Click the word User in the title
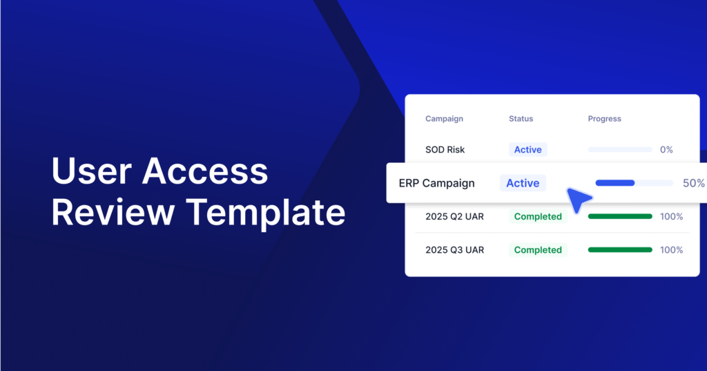coord(92,171)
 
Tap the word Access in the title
coord(205,171)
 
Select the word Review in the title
coord(113,212)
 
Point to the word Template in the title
coord(266,214)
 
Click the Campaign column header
coord(444,119)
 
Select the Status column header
coord(521,119)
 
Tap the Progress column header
coord(604,119)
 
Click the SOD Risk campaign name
coord(445,150)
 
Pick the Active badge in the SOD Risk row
coord(528,150)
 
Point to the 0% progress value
coord(666,150)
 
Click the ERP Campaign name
coord(436,183)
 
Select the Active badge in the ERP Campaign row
coord(523,183)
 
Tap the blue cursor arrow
coord(577,199)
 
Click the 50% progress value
coord(693,183)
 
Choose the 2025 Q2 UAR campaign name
coord(454,217)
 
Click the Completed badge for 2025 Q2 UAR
coord(538,217)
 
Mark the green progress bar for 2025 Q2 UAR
coord(620,217)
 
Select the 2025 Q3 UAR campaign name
coord(454,250)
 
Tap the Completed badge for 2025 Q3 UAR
coord(538,250)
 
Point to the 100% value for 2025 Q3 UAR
coord(671,250)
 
